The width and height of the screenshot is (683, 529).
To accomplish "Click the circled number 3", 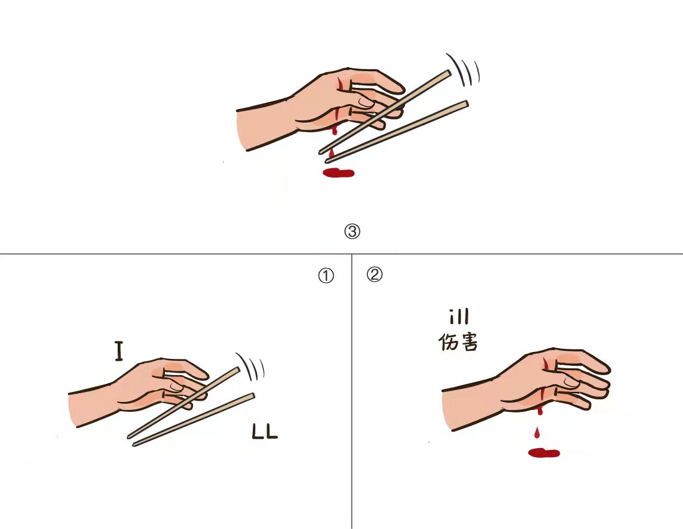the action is pos(352,231).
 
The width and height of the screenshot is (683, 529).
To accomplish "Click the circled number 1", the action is pos(326,276).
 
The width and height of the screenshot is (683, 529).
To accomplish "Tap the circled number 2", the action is pos(375,275).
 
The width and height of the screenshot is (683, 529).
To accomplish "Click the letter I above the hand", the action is pos(118,351).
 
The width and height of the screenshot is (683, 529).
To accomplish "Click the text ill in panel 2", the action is pos(459,317).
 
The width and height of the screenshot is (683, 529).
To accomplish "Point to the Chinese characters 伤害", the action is pos(458,342).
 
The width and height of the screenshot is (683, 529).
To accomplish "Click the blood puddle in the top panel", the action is pos(338,173).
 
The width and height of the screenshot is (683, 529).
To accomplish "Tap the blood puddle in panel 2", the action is pos(544,453).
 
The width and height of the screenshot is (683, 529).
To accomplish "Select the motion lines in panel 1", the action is pos(250,366).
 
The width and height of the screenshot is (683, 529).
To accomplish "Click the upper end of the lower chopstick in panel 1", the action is pos(252,395).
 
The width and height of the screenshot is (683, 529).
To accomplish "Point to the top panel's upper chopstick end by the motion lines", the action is pos(448,72).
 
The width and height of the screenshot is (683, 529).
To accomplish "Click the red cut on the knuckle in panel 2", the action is pos(545,363).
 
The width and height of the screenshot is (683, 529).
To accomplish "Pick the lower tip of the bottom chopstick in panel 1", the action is pos(134,444).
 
